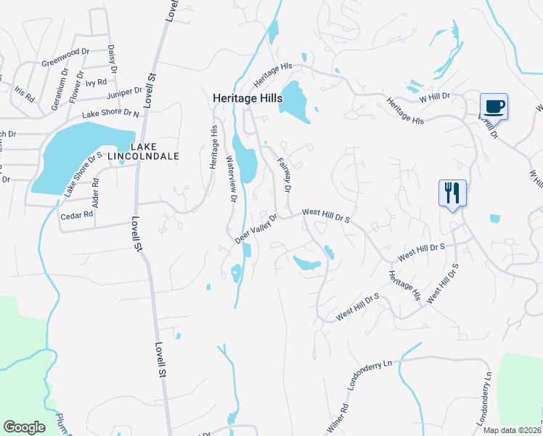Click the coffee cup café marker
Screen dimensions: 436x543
click(494, 107)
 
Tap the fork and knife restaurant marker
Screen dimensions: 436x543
click(452, 193)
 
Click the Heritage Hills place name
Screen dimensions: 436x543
click(247, 97)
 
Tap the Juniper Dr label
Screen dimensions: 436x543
click(124, 92)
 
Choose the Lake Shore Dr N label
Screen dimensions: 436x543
click(110, 113)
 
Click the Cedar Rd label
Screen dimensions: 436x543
click(77, 215)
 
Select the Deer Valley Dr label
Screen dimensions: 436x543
click(256, 228)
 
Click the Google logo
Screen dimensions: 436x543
click(24, 427)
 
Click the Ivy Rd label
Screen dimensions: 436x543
click(96, 83)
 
